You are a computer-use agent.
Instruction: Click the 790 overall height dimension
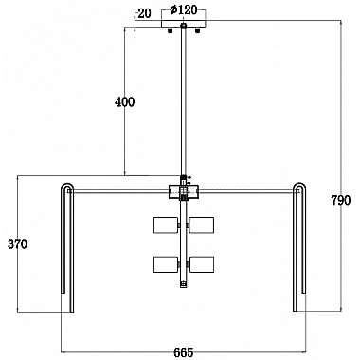coord(341,200)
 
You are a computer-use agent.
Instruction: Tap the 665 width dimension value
coord(183,352)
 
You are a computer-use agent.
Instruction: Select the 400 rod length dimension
coord(124,102)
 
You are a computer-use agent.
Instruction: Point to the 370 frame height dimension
coord(17,244)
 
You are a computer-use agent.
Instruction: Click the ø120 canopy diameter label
coord(183,10)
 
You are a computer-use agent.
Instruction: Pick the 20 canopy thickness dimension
coord(145,13)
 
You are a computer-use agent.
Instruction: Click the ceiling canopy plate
coord(184,25)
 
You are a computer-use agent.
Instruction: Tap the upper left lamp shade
coord(166,225)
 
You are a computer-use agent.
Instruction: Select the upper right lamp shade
coord(202,225)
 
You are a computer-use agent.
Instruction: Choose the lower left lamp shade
coord(166,264)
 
